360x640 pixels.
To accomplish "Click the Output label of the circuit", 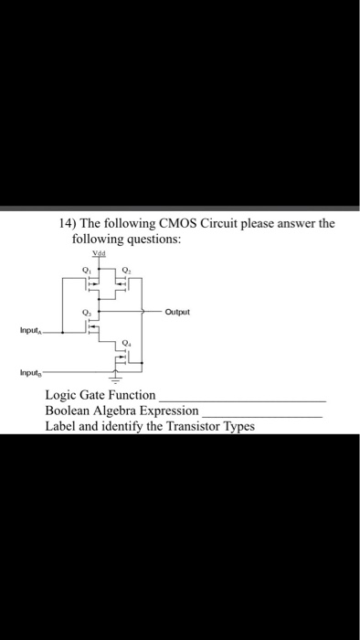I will (180, 312).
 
